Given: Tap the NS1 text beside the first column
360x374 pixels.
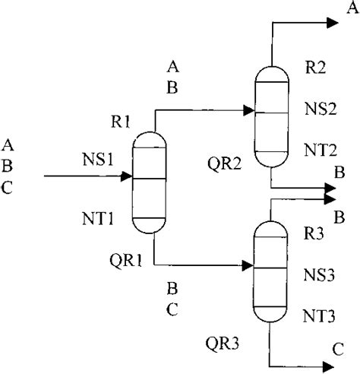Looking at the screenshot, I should click(x=98, y=159).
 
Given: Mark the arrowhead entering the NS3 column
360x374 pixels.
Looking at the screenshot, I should click(x=247, y=266).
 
